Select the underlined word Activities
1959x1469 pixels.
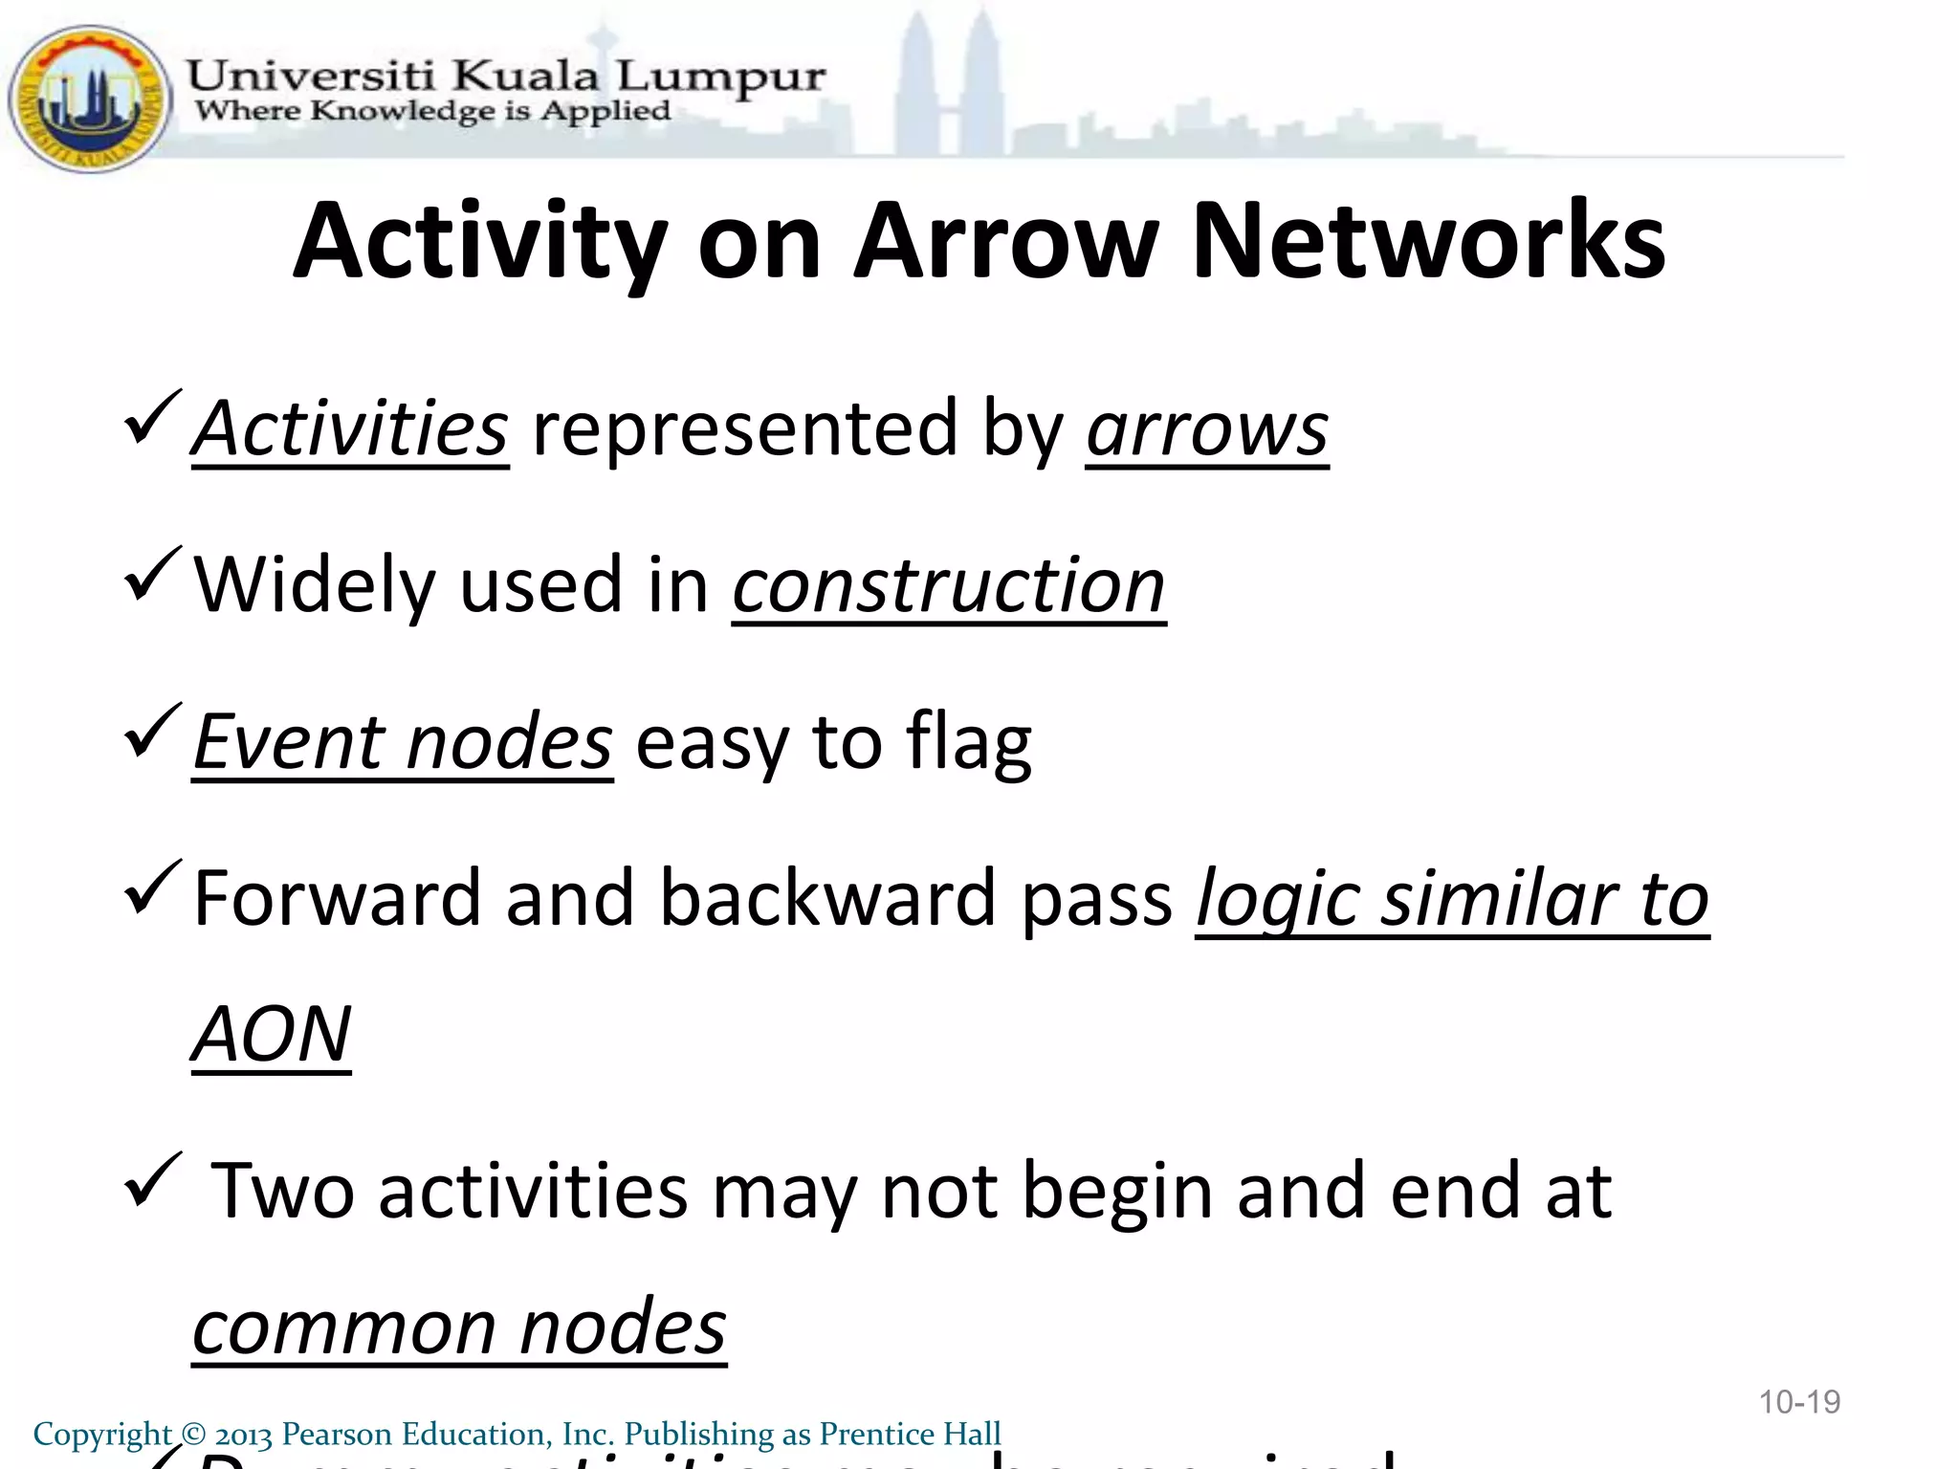tap(350, 429)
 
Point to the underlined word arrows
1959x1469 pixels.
tap(1207, 429)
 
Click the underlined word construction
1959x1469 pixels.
tap(949, 585)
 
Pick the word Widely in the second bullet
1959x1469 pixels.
tap(315, 585)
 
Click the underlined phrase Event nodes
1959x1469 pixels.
tap(402, 742)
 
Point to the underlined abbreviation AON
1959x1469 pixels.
tap(272, 1035)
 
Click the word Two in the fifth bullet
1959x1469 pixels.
tap(282, 1191)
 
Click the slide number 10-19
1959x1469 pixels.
tap(1799, 1402)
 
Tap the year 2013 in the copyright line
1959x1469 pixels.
tap(243, 1435)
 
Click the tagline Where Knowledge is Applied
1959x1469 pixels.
tap(432, 112)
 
